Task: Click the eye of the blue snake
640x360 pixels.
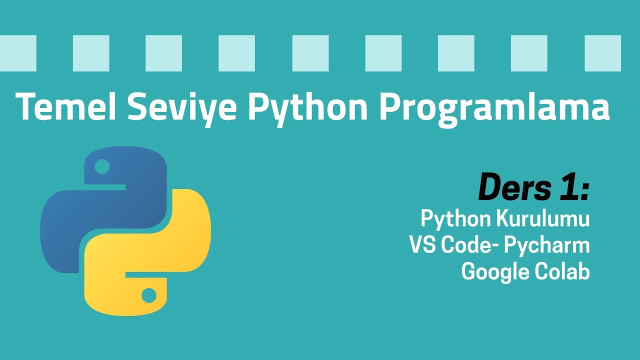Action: click(102, 167)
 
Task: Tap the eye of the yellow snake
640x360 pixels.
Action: click(149, 295)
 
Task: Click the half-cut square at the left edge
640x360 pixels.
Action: click(18, 53)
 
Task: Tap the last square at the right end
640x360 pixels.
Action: click(602, 53)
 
